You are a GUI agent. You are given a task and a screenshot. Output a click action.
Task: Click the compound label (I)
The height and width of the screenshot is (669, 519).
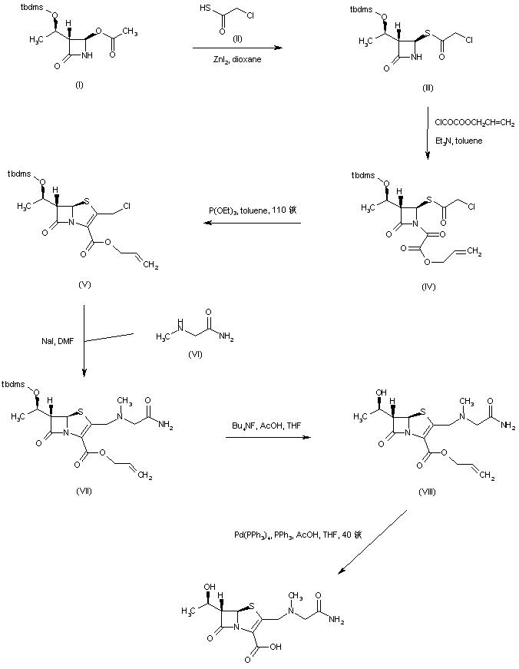[x=79, y=84]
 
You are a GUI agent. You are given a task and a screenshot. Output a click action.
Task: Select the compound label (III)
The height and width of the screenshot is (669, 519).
[x=427, y=88]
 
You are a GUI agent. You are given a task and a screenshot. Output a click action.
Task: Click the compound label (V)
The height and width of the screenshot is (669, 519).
[x=85, y=284]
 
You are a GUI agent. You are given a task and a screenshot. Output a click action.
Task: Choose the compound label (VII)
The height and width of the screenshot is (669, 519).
[x=85, y=492]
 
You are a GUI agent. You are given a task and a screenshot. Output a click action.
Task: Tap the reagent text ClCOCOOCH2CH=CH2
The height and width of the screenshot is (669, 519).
[x=474, y=121]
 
